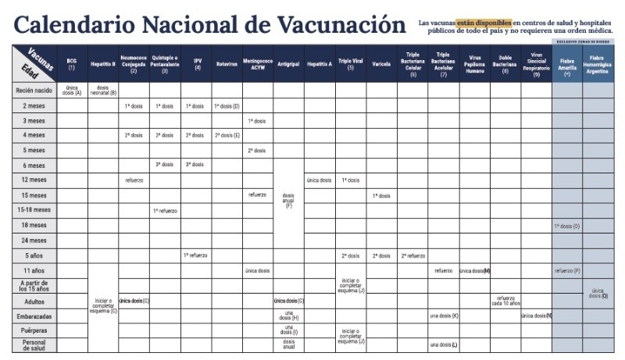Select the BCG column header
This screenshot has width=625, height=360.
point(72,64)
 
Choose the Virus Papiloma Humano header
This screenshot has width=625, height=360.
point(474,64)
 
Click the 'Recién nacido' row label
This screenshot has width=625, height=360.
point(34,91)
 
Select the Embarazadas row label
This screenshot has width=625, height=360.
point(34,315)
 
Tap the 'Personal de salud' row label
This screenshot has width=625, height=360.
point(34,344)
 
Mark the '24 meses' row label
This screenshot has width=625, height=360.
point(34,241)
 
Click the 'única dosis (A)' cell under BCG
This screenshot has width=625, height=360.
point(72,91)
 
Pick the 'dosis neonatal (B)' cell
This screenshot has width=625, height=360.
point(102,91)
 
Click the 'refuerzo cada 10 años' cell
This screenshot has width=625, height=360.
point(505,301)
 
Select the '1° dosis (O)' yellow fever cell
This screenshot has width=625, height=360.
point(566,226)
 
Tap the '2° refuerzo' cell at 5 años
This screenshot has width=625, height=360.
point(412,255)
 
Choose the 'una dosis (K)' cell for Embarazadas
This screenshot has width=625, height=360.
point(443,315)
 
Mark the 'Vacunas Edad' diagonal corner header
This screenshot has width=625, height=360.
point(34,62)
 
